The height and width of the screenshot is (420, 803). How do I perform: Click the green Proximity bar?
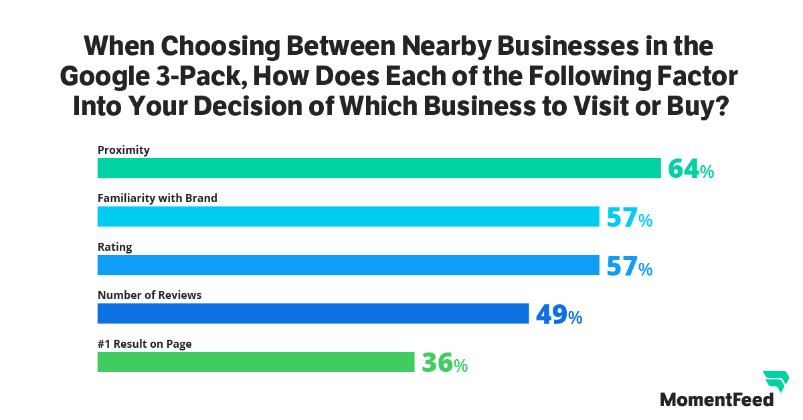click(x=379, y=168)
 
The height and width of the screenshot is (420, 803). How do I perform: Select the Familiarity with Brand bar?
click(x=348, y=217)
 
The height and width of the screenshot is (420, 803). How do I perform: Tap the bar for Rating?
click(x=348, y=266)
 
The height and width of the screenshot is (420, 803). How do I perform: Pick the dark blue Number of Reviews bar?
click(x=313, y=314)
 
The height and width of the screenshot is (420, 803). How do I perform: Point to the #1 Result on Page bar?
click(x=256, y=362)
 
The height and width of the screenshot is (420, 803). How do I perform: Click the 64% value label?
click(x=691, y=169)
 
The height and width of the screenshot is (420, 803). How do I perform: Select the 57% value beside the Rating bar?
click(x=629, y=267)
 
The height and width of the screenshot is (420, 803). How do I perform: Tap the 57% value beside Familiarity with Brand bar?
click(x=629, y=218)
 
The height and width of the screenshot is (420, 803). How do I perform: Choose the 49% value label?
click(x=559, y=315)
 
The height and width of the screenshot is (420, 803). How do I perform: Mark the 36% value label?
click(x=444, y=364)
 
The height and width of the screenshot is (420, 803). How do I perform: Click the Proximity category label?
click(x=124, y=150)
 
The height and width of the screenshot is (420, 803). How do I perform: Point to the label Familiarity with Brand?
click(x=157, y=199)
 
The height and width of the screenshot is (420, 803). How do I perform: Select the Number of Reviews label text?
click(x=149, y=295)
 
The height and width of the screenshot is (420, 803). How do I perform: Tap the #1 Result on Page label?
click(x=145, y=344)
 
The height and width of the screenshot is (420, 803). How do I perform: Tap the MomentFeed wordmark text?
click(x=717, y=399)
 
